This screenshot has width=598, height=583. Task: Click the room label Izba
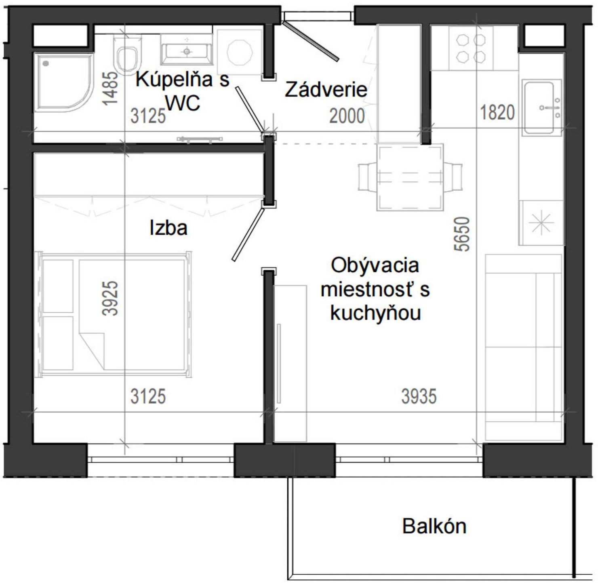(x=168, y=228)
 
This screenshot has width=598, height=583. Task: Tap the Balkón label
(x=434, y=526)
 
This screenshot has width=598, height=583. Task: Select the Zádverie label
(x=326, y=90)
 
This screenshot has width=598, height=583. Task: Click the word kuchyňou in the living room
(x=375, y=313)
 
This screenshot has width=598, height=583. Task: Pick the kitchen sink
(x=542, y=107)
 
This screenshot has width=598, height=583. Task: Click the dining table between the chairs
(x=410, y=177)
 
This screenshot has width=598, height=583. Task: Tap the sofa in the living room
(x=523, y=347)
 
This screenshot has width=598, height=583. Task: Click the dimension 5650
(x=462, y=234)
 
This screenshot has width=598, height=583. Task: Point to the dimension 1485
(x=110, y=88)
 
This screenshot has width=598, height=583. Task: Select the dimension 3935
(x=419, y=396)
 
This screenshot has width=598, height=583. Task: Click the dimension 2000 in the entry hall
(x=347, y=116)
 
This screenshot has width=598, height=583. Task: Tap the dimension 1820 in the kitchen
(x=497, y=113)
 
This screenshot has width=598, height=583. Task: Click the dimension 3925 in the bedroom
(x=110, y=298)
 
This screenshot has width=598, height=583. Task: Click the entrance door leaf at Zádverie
(x=310, y=41)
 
